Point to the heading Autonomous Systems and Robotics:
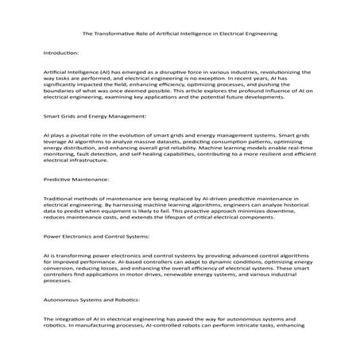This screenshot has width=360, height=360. tap(92, 300)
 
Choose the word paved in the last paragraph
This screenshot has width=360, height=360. tap(184, 319)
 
